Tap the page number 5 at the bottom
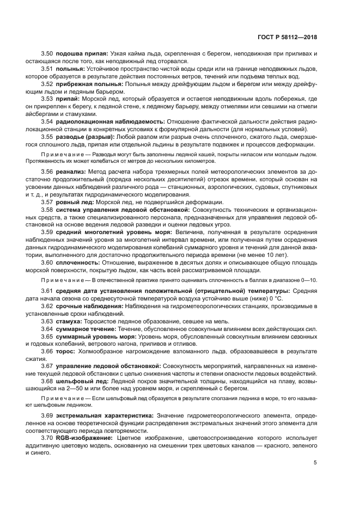315,463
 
